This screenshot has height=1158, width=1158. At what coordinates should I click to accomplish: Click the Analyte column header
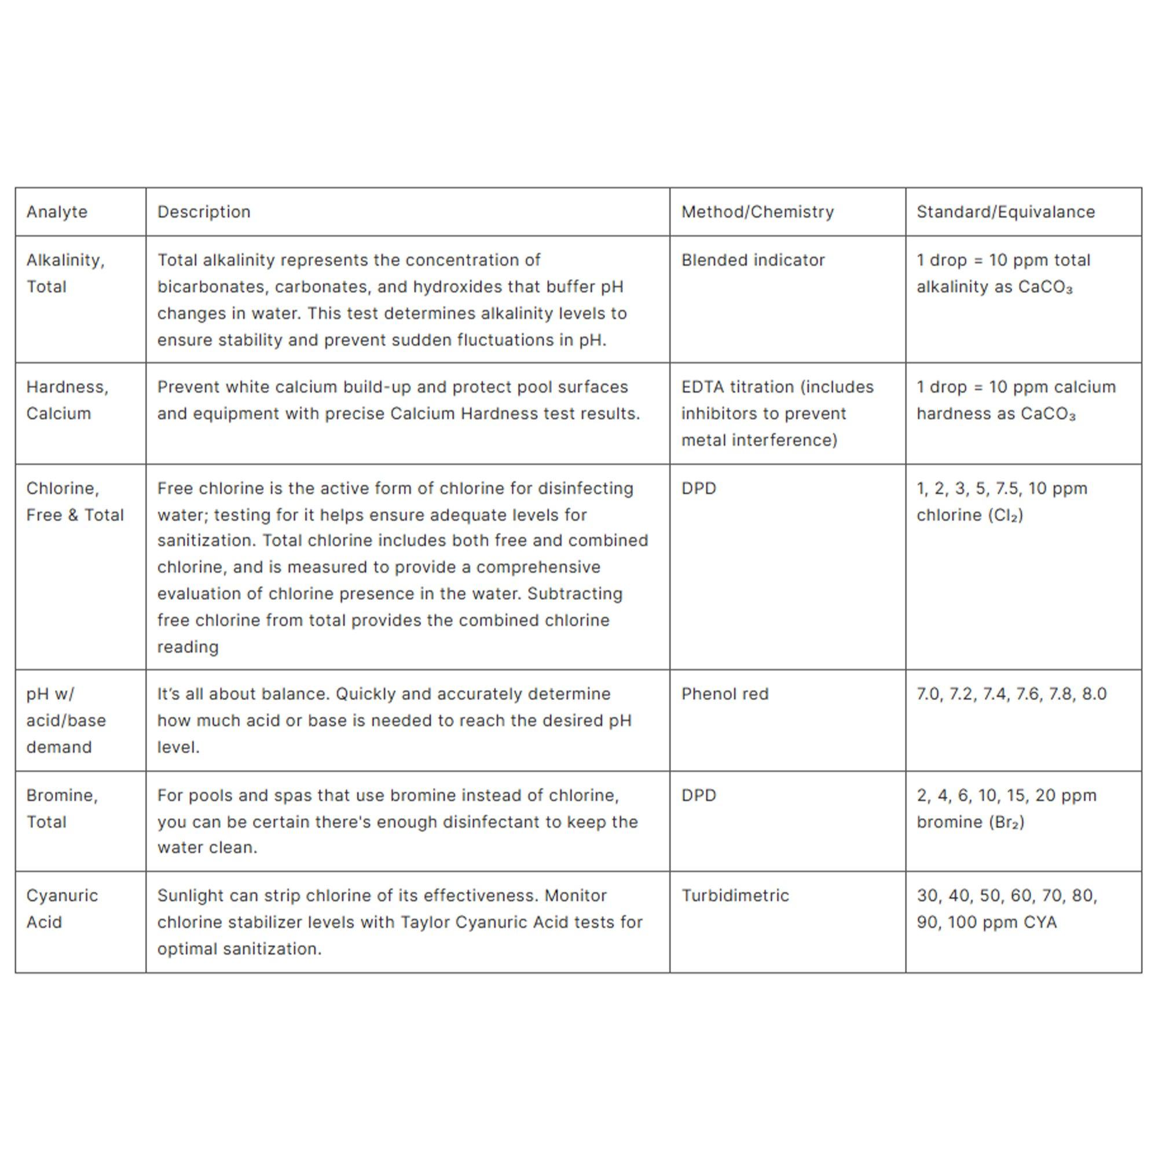(x=57, y=211)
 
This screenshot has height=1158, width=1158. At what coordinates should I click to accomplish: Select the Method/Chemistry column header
(x=757, y=211)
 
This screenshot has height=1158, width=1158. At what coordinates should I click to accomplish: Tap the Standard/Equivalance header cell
(x=1005, y=211)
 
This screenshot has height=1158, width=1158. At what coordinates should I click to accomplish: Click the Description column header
(x=204, y=211)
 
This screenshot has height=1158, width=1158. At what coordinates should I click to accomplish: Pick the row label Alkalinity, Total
(x=65, y=273)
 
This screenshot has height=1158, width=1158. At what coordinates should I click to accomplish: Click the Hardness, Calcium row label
(x=67, y=400)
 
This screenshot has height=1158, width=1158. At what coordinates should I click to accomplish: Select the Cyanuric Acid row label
(x=62, y=908)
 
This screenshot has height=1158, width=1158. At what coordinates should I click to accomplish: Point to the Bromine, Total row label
(x=62, y=808)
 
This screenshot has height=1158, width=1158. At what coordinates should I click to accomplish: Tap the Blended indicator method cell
(x=753, y=260)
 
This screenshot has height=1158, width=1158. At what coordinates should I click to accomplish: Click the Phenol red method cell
(x=725, y=694)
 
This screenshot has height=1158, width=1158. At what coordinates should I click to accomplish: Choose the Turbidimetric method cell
(x=735, y=896)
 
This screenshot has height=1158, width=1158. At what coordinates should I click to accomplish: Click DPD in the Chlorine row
(x=698, y=488)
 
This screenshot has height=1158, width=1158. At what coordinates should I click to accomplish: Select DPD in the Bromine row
(x=698, y=795)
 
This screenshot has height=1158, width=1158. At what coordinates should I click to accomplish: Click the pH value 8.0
(x=1094, y=694)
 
